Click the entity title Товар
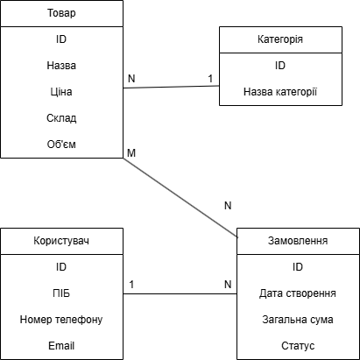(61, 13)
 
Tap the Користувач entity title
(61, 240)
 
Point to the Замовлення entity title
(298, 240)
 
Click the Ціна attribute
(61, 91)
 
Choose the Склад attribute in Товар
(61, 117)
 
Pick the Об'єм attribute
(61, 144)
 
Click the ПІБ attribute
(61, 293)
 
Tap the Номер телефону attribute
(61, 319)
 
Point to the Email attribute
(61, 345)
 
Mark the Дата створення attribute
(298, 293)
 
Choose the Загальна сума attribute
(298, 319)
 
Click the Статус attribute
(298, 345)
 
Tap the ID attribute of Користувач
(61, 266)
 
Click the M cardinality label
(131, 153)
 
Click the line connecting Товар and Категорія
(171, 87)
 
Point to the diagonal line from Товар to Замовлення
(180, 196)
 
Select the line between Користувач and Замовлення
(180, 293)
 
